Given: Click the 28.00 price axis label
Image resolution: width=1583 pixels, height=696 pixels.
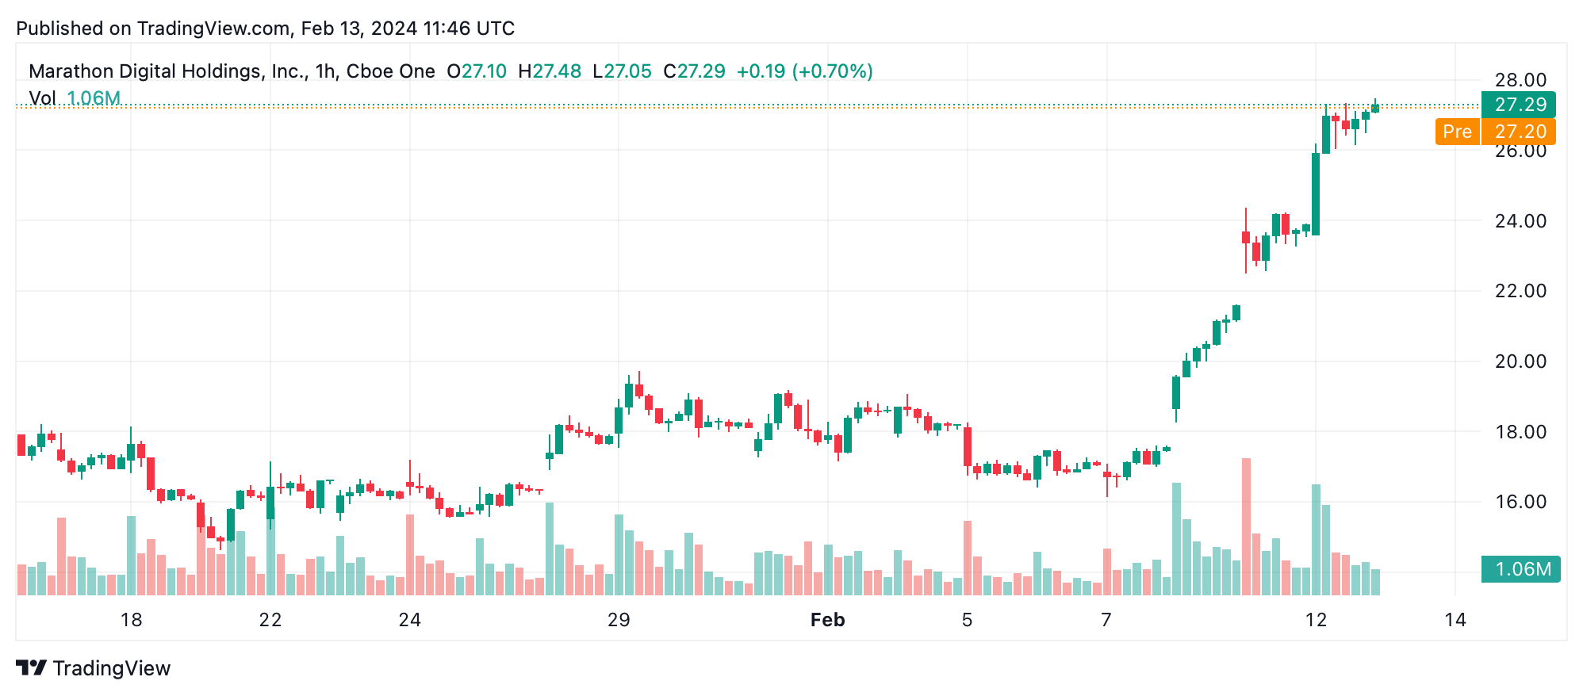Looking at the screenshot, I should click(x=1520, y=80).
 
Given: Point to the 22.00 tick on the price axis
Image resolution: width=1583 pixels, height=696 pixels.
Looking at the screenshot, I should click(x=1520, y=291).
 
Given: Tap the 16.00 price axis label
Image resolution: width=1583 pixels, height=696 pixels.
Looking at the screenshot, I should click(x=1520, y=502).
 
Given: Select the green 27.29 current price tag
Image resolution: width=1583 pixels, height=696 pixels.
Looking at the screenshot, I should click(x=1519, y=105).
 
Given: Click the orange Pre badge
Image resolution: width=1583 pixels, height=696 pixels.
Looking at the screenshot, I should click(x=1457, y=132).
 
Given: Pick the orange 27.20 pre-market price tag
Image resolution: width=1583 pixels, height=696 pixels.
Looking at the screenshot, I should click(x=1519, y=132).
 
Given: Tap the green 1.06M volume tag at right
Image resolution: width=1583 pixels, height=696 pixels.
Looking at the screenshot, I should click(x=1520, y=569).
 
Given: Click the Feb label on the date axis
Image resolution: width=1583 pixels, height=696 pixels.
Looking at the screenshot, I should click(x=827, y=620).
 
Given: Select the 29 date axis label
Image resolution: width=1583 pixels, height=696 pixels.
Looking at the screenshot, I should click(x=619, y=620).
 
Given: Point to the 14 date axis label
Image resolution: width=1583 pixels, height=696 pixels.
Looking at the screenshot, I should click(x=1455, y=620).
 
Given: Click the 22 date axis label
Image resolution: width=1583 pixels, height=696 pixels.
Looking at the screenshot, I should click(x=270, y=620).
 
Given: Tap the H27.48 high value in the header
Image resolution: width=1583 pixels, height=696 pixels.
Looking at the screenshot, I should click(x=550, y=71).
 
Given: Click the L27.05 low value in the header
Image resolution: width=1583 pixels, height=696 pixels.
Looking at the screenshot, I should click(x=623, y=71).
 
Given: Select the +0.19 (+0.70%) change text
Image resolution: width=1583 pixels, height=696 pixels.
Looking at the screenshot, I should click(x=804, y=71).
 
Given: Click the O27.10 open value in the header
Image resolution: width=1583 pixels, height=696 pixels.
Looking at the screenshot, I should click(x=477, y=71).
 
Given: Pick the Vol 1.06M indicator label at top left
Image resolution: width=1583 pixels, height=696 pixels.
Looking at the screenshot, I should click(x=75, y=98).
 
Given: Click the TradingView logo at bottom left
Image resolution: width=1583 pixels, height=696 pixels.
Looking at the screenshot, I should click(x=94, y=668).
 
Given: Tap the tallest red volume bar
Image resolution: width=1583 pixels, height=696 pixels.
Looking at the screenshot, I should click(x=1246, y=526).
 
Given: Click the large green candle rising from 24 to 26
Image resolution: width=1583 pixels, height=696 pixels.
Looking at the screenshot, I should click(x=1316, y=194).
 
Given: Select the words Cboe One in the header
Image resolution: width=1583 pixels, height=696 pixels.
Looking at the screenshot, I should click(x=390, y=71).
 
